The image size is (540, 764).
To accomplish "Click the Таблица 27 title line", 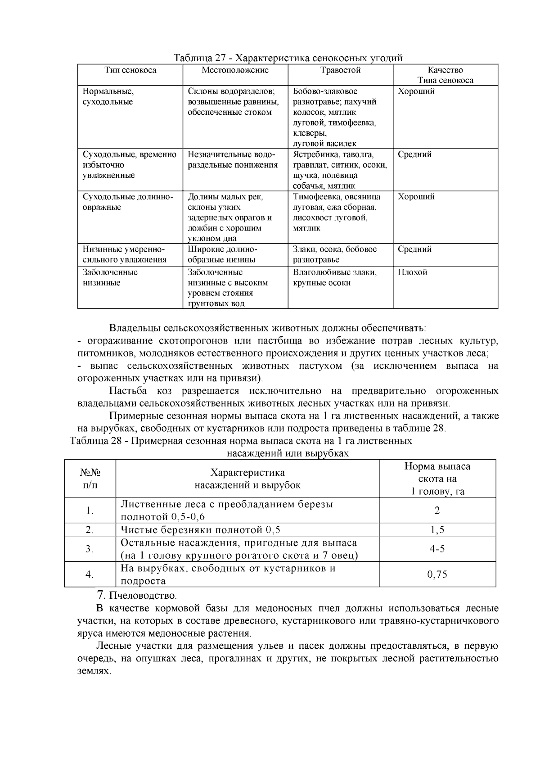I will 288,58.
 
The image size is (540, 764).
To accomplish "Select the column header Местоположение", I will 235,70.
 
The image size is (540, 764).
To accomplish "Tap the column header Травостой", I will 340,70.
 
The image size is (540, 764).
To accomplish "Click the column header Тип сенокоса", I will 130,70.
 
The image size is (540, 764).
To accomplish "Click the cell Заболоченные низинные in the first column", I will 110,278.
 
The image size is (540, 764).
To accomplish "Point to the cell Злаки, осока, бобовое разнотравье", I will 335,254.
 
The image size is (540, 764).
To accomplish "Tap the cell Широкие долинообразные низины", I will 222,254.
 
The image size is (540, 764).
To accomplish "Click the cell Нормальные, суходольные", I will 108,96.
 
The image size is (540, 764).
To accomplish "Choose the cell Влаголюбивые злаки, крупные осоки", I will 335,278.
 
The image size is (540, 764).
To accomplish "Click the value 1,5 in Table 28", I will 437,529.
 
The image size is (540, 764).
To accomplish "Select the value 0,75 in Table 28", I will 437,574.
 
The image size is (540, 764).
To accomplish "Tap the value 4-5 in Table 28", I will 437,549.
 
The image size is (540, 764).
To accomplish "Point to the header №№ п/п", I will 90,479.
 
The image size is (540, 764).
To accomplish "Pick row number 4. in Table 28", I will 90,574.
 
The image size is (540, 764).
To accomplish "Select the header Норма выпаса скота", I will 437,479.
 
